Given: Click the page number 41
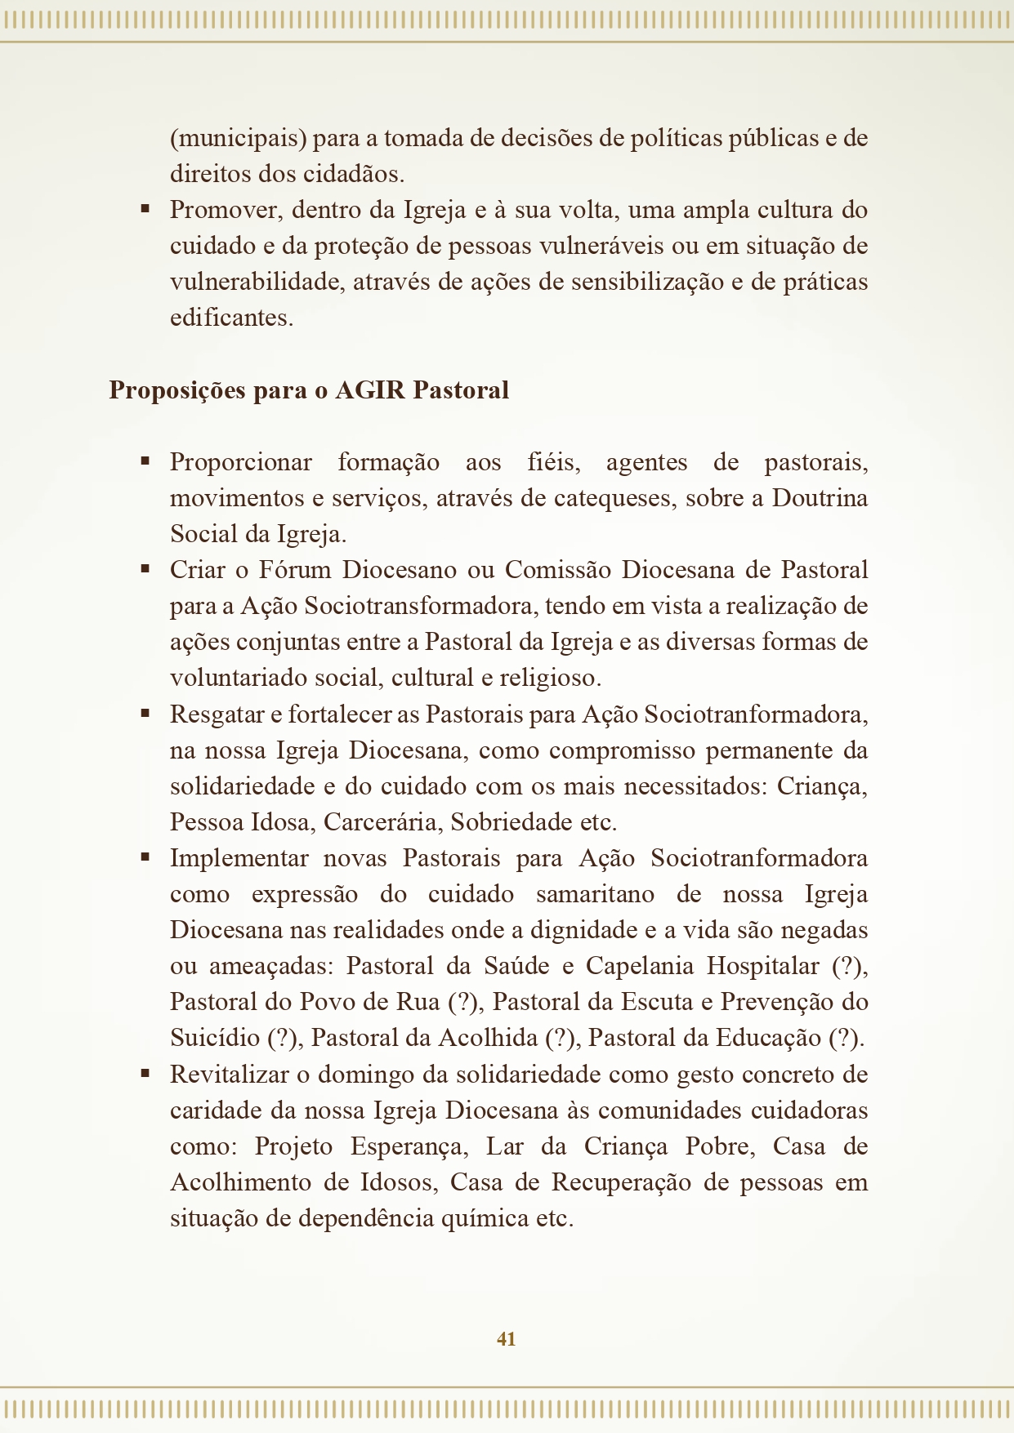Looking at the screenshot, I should point(506,1338).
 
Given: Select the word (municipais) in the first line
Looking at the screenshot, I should point(238,138).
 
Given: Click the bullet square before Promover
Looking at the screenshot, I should point(145,209).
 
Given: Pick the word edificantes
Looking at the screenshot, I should point(231,318).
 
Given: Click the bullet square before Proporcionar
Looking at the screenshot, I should point(145,461).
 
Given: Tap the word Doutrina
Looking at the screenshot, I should point(820,498).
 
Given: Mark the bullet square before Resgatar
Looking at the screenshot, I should point(145,714).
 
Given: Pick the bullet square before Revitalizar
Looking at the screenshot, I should point(145,1074).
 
